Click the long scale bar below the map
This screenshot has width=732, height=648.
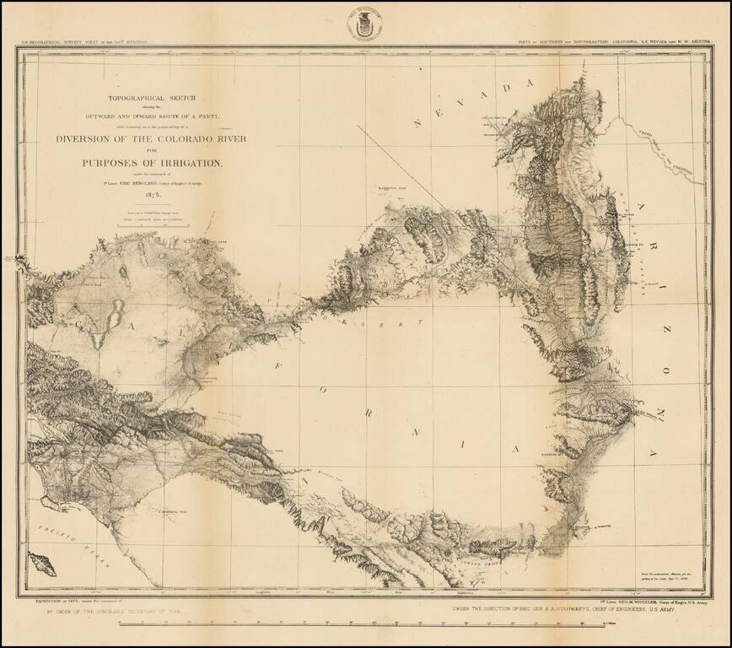click(365, 624)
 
